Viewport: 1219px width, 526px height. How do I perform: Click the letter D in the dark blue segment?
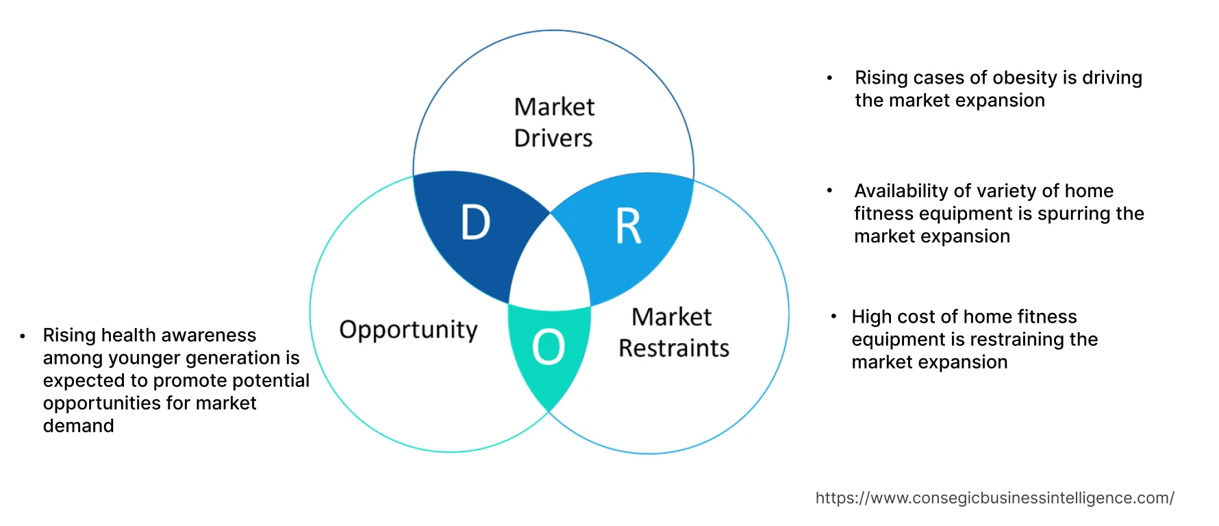click(x=476, y=223)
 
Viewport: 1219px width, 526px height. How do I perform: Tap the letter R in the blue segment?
click(x=628, y=226)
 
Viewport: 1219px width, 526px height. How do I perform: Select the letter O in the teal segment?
click(x=549, y=347)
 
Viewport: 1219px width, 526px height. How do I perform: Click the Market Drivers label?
click(x=554, y=123)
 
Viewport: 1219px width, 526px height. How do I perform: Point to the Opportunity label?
click(x=408, y=330)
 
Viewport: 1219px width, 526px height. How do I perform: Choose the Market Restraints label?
click(x=673, y=332)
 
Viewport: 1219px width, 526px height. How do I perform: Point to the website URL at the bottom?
click(x=994, y=498)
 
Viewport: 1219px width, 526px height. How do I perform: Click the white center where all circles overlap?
click(x=550, y=267)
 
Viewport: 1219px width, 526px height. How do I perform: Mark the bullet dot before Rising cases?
click(x=829, y=78)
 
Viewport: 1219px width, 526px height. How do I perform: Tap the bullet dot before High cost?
click(x=833, y=316)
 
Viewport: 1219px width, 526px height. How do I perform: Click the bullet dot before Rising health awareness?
click(x=23, y=336)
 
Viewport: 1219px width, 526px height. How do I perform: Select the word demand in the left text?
click(x=79, y=426)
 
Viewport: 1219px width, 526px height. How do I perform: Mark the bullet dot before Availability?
click(x=829, y=191)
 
